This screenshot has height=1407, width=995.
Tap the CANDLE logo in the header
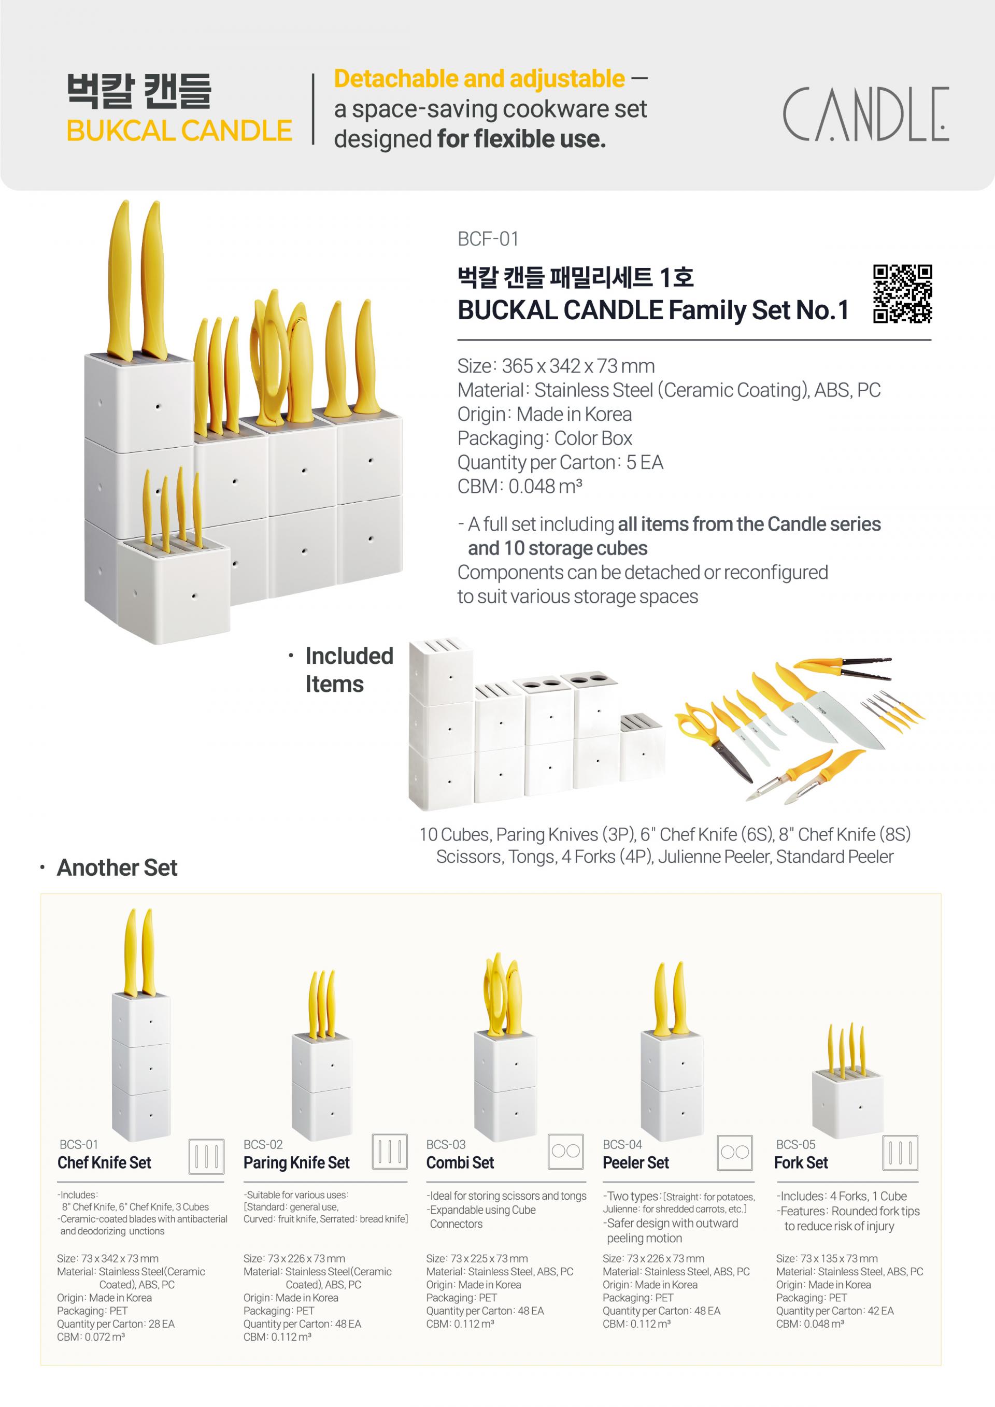[866, 114]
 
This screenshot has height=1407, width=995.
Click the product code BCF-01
[488, 238]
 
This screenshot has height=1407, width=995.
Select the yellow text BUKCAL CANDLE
[179, 131]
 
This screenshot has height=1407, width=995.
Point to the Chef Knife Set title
[104, 1162]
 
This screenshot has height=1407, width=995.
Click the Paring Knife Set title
[296, 1162]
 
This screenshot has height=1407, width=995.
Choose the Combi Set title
[460, 1162]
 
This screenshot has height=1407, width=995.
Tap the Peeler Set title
[636, 1162]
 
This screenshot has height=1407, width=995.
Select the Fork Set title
[801, 1162]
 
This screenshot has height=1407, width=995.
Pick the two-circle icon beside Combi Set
[565, 1152]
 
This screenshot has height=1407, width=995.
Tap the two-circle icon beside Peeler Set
[735, 1153]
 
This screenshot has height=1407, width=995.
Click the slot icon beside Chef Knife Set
[206, 1156]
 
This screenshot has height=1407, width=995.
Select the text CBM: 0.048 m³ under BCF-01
[520, 486]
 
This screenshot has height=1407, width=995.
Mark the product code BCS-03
[446, 1144]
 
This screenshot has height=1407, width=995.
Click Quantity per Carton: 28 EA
[116, 1324]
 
